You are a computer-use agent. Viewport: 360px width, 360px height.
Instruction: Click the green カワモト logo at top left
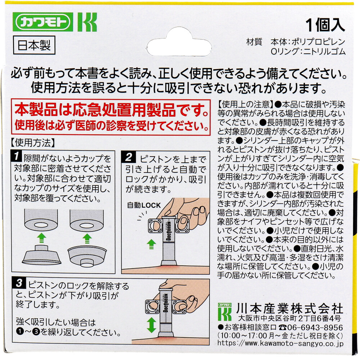43,22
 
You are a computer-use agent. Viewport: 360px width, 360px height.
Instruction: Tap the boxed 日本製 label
34,45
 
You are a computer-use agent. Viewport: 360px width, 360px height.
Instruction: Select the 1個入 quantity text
325,25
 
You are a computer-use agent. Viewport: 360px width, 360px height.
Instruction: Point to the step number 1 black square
16,156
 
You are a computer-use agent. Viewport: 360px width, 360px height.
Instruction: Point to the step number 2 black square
128,157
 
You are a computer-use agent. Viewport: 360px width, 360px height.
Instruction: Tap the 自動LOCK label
144,205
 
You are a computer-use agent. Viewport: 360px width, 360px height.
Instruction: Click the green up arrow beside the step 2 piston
151,244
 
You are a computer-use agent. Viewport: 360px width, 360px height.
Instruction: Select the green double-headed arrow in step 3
151,325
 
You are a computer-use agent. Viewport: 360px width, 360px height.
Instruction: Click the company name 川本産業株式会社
290,309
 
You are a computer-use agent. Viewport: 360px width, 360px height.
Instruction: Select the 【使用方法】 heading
33,143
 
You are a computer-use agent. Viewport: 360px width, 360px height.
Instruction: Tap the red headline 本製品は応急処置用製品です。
112,110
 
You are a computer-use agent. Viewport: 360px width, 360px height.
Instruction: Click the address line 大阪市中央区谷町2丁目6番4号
290,319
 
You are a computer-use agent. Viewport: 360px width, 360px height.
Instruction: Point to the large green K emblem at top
87,22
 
